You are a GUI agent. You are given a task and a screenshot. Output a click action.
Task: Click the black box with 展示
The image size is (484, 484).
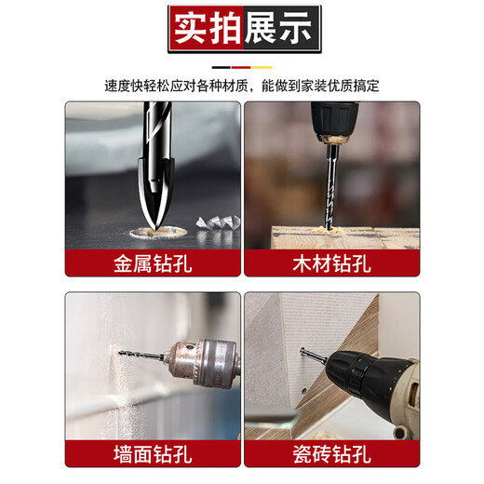[280, 28]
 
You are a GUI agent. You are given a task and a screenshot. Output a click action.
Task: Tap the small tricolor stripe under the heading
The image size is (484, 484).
[242, 67]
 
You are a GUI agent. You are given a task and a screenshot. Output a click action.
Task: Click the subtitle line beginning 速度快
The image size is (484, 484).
[242, 87]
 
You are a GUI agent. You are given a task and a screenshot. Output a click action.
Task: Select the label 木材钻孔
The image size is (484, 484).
[331, 262]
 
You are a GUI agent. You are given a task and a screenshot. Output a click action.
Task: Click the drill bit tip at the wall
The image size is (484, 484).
[121, 353]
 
